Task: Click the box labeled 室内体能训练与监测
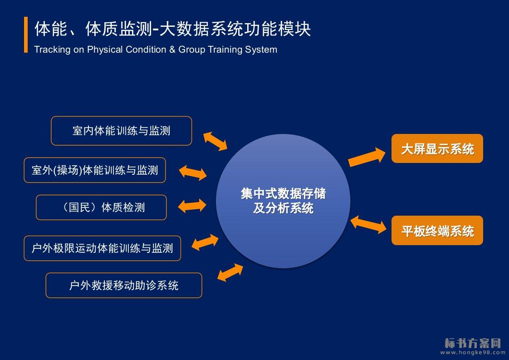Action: pos(121,131)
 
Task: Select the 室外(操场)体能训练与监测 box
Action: pos(95,170)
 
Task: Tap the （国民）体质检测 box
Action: pos(101,207)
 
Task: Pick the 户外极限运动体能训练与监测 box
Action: pos(103,248)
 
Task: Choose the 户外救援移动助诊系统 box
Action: pos(124,285)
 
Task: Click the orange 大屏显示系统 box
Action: pos(437,148)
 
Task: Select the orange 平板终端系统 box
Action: pos(437,231)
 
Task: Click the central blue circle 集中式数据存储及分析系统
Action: pos(283,201)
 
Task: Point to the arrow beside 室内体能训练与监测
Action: pos(215,141)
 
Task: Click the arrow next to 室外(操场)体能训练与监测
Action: pos(193,172)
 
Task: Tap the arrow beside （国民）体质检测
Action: pos(192,206)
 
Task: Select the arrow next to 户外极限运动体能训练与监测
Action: pos(205,242)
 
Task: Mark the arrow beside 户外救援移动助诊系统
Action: pos(230,272)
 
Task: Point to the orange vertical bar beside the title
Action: pos(26,35)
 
